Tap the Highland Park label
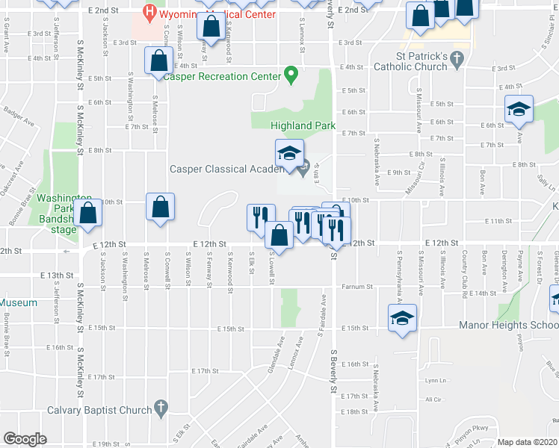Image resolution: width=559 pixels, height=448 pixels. (x=303, y=126)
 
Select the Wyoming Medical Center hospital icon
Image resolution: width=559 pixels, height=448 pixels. (x=150, y=12)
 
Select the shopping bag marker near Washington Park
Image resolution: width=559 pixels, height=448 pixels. (x=89, y=212)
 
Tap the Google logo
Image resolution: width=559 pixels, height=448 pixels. (x=25, y=439)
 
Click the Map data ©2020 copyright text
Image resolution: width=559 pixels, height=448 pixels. (x=527, y=442)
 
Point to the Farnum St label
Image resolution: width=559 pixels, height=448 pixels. (x=357, y=287)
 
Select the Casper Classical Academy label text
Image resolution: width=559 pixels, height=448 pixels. (x=219, y=169)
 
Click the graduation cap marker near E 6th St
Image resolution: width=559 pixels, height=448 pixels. (x=518, y=109)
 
